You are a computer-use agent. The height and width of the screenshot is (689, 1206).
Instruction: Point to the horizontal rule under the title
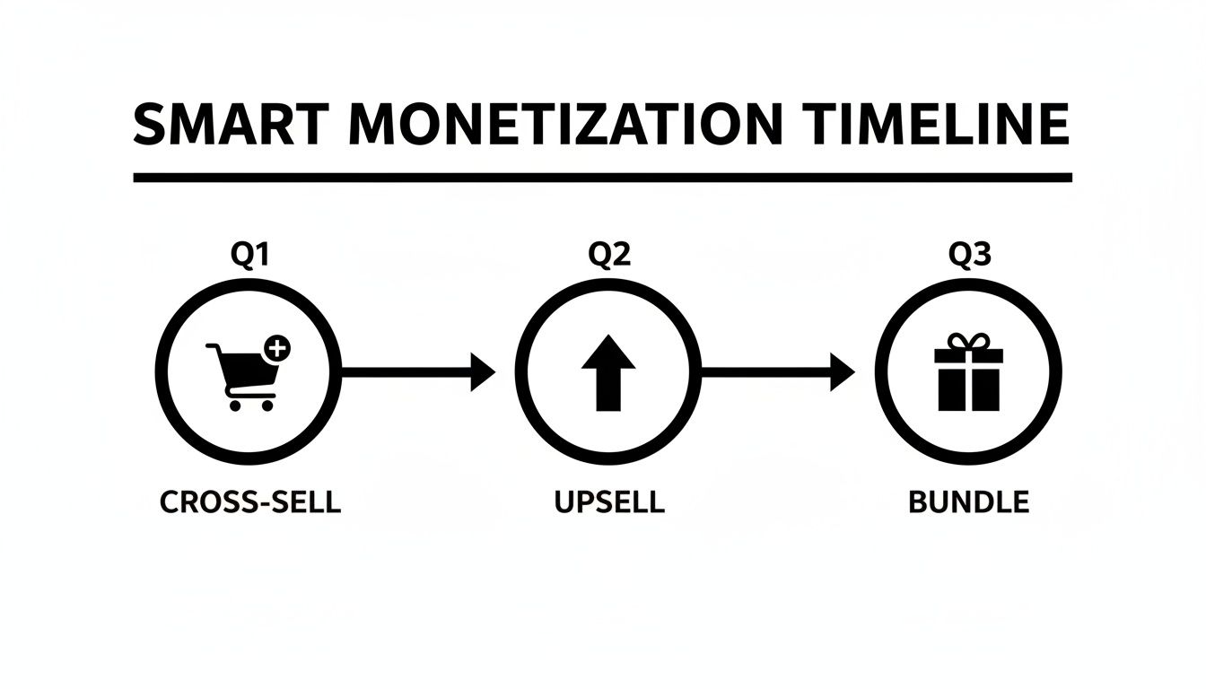point(602,178)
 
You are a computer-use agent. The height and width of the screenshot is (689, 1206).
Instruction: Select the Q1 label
point(250,257)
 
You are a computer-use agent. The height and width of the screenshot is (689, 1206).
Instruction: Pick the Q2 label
point(609,257)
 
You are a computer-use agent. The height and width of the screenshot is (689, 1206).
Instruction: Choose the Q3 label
point(969,257)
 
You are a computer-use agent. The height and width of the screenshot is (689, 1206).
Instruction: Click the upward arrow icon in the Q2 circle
point(608,372)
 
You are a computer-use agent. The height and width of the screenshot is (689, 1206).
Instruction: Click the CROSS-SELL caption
point(250,501)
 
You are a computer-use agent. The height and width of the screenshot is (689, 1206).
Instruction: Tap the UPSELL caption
point(609,501)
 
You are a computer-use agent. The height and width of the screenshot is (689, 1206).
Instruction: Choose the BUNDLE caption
point(968,501)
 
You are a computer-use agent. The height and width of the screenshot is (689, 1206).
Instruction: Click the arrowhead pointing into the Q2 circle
point(483,371)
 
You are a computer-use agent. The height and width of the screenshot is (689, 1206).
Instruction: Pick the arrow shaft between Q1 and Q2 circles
point(408,371)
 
